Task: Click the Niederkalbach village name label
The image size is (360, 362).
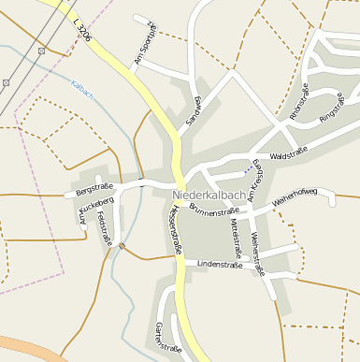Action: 209,195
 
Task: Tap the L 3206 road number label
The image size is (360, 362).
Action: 82,28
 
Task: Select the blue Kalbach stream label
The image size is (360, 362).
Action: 82,90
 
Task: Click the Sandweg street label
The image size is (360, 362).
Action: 194,111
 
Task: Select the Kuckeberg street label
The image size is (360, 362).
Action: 96,202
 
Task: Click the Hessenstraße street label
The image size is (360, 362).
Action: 174,231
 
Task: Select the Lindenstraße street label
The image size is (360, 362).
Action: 220,265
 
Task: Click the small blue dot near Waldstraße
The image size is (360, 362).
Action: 247,170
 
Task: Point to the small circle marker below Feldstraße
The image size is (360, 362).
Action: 122,246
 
